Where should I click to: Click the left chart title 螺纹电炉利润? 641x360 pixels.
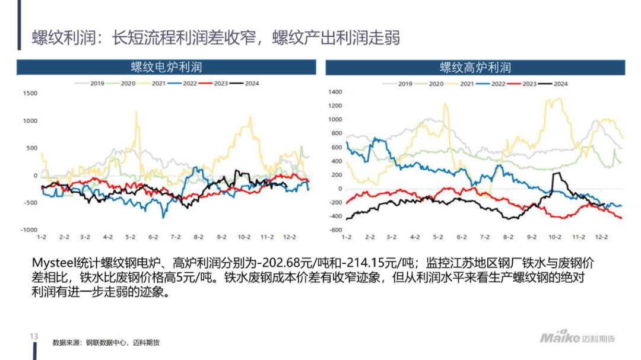tap(166, 68)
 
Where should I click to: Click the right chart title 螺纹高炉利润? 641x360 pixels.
tap(475, 68)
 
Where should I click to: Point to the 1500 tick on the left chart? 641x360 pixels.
tap(29, 94)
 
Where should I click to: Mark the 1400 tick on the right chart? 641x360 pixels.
tap(335, 92)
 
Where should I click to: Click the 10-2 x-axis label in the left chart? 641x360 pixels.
tap(243, 237)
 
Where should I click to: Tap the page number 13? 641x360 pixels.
tap(33, 337)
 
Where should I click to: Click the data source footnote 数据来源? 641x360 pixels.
tap(65, 343)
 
